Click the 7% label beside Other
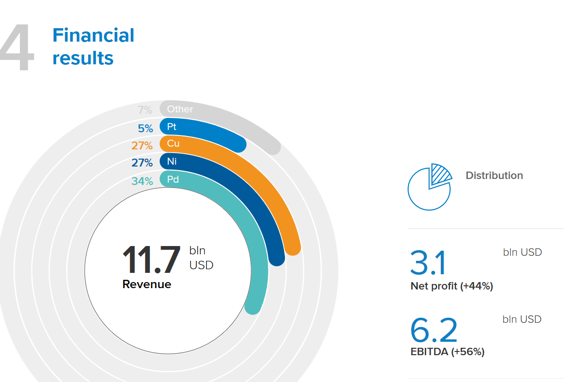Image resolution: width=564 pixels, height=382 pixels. click(x=145, y=110)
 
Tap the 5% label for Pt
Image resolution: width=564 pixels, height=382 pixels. click(x=145, y=129)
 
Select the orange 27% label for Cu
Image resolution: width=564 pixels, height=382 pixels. click(x=142, y=146)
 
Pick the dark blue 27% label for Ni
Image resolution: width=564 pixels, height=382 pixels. click(x=142, y=163)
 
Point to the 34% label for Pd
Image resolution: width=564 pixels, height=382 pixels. click(x=142, y=181)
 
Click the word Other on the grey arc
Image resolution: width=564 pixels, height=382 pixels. click(x=180, y=109)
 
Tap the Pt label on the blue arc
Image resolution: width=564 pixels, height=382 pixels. click(x=172, y=126)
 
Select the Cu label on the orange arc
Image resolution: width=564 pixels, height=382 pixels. click(x=173, y=143)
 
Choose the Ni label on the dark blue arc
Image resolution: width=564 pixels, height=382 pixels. click(x=172, y=161)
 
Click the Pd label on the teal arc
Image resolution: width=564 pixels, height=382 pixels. click(x=173, y=179)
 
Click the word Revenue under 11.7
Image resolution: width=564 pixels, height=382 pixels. click(x=147, y=284)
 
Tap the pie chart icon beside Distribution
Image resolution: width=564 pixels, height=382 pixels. click(x=429, y=187)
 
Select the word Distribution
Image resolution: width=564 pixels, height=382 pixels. click(x=494, y=175)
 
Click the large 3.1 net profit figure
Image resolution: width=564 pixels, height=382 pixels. click(x=428, y=263)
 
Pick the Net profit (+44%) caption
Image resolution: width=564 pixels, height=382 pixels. click(x=452, y=286)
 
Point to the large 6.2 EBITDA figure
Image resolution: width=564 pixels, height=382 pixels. click(x=434, y=330)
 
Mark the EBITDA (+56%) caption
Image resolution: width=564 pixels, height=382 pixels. click(x=447, y=352)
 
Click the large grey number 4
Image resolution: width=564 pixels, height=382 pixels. click(x=17, y=48)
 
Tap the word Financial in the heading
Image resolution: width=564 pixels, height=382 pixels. click(x=93, y=35)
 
